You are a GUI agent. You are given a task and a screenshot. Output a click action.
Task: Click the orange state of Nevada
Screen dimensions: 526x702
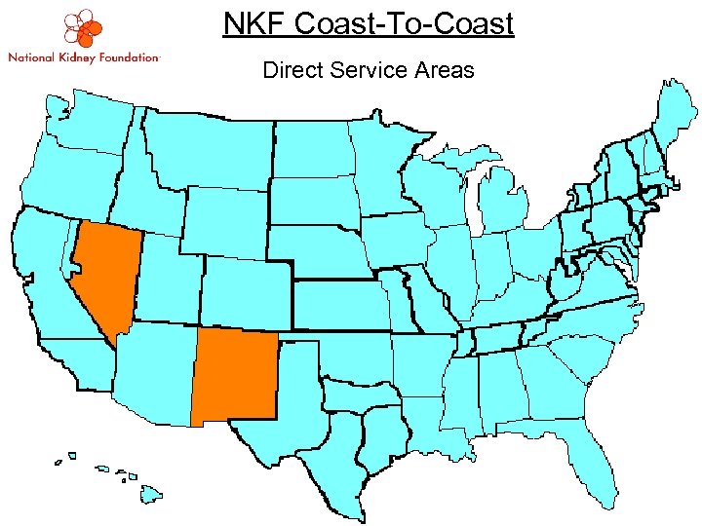point(102,273)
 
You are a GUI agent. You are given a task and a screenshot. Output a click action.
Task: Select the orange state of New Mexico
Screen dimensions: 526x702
point(234,375)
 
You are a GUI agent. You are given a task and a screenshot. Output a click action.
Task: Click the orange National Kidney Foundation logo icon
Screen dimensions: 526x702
point(84,29)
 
